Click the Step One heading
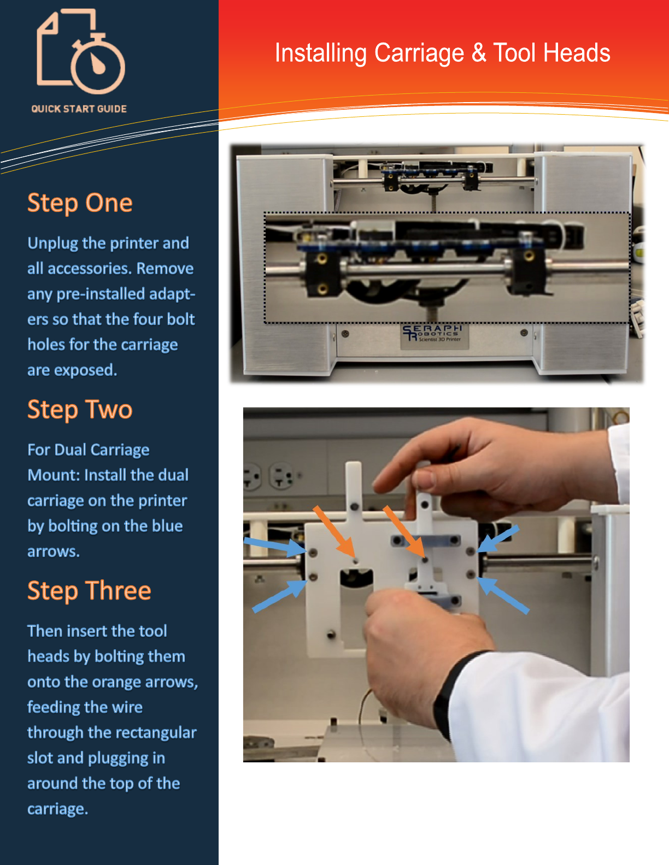[x=80, y=203]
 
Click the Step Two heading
[x=80, y=410]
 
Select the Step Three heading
[x=89, y=590]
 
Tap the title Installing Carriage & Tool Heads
[x=442, y=52]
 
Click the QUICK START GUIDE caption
[x=79, y=109]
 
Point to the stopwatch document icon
[x=81, y=51]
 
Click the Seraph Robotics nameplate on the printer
[x=434, y=336]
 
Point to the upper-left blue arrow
[x=275, y=546]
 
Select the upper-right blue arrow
[x=498, y=538]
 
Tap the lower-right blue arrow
[x=503, y=595]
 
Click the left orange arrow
[x=334, y=531]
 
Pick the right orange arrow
[x=404, y=531]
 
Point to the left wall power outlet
[x=251, y=475]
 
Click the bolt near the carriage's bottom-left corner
[x=331, y=633]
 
